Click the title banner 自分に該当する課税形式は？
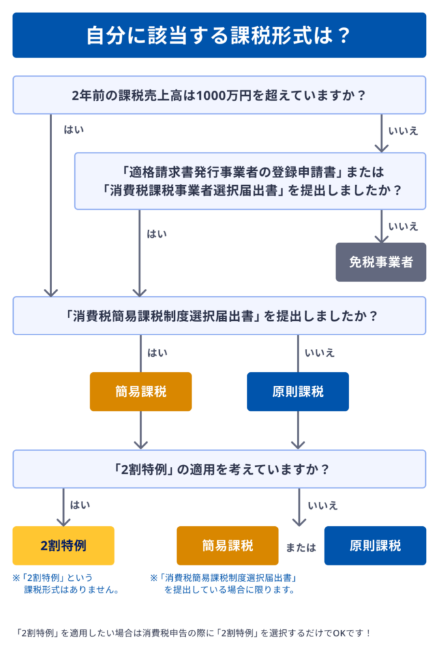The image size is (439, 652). click(x=219, y=35)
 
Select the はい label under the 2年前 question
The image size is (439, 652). click(x=74, y=130)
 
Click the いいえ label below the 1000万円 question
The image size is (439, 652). click(x=403, y=130)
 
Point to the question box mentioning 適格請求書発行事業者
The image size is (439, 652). click(x=250, y=181)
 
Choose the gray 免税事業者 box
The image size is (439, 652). click(x=381, y=262)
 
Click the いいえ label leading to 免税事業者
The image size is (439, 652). click(x=403, y=226)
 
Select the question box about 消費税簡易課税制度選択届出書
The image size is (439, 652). click(x=219, y=316)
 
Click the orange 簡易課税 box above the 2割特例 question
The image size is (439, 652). click(x=141, y=392)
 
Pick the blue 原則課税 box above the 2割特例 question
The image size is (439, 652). click(x=298, y=392)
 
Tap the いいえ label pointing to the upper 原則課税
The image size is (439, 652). click(x=320, y=353)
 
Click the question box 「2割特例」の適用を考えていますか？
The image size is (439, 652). click(x=219, y=469)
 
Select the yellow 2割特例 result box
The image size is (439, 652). click(x=63, y=546)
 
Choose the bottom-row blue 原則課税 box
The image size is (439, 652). click(x=375, y=546)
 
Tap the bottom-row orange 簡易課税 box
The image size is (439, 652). click(x=227, y=546)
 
